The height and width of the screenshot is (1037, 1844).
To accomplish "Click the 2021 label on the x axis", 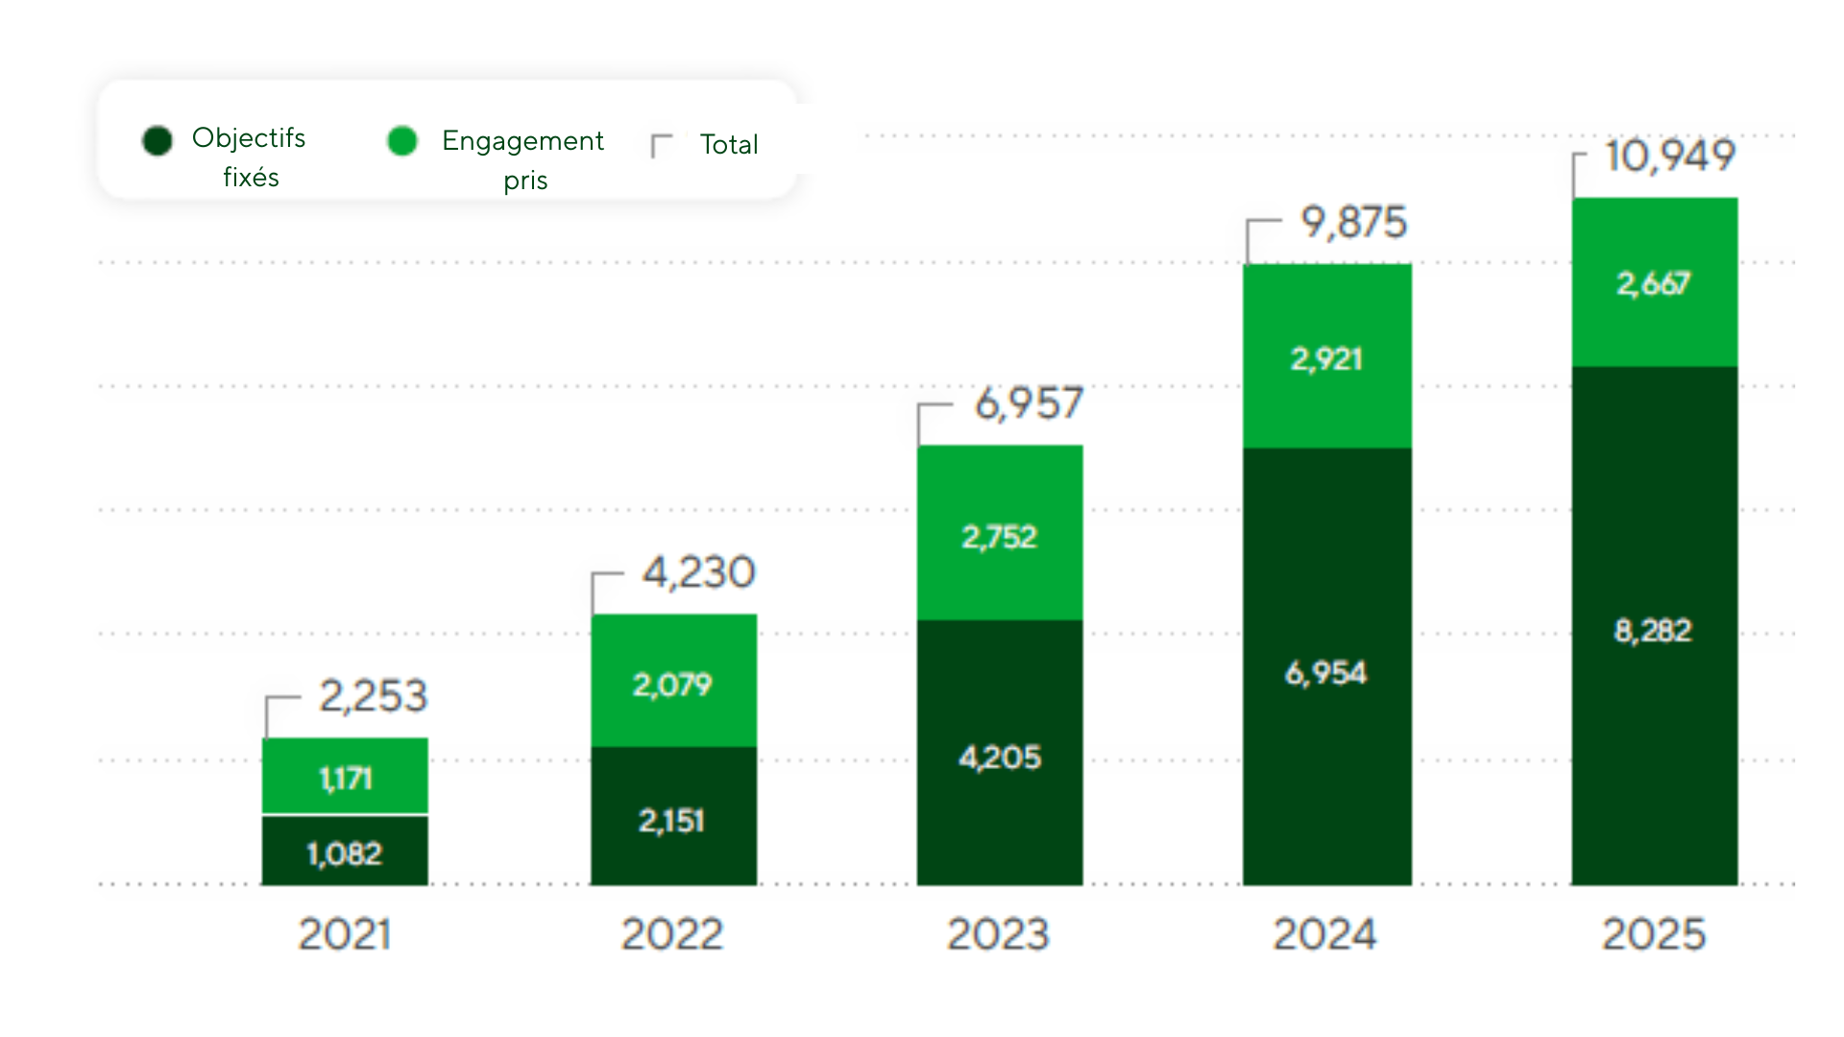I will pos(344,934).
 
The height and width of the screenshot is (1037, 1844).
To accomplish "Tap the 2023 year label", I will pos(998,934).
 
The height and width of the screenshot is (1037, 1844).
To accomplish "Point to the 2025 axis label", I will pos(1653,934).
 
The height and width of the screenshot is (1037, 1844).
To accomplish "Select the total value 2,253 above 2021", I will pos(373,696).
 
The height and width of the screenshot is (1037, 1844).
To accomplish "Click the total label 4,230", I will pos(698,572).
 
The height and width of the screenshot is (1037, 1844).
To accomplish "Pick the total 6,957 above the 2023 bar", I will pos(1029,403).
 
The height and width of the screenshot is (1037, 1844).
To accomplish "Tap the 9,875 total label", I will pos(1353,223).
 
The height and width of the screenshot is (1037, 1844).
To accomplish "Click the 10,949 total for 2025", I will pos(1670,156).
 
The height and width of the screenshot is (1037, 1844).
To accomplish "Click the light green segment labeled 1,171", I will pos(345,777).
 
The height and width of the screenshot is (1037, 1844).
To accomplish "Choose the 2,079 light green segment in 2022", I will pos(672,684).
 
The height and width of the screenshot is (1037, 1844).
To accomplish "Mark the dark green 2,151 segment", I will pos(672,820).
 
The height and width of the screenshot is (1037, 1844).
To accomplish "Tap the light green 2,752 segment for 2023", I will pos(999,536).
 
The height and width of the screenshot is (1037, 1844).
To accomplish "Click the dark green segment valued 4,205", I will pos(999,757).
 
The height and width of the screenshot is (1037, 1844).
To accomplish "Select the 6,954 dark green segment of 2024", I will pos(1326,672).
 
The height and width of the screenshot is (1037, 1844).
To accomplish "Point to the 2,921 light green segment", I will pos(1326,358).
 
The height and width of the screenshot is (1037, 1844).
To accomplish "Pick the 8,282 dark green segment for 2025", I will pos(1653,630).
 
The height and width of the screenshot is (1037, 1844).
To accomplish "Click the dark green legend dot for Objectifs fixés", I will pos(158,140).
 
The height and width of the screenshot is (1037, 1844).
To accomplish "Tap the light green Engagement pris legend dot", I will pos(402,140).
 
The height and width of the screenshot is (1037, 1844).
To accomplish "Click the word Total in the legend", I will pos(729,144).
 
